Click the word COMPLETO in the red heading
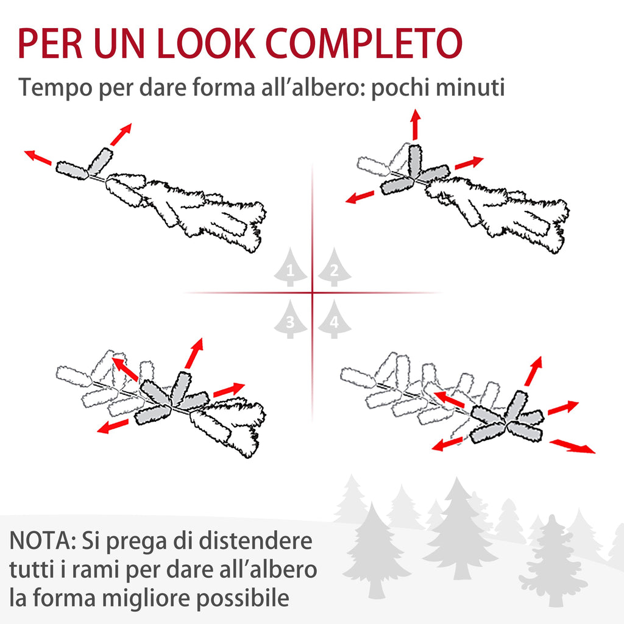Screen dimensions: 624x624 [364, 43]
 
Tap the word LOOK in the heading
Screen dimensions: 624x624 [206, 43]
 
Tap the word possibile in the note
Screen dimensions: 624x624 [243, 598]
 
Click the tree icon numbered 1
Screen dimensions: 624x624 [290, 267]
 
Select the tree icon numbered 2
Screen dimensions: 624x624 [335, 267]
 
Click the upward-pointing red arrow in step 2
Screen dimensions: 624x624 [416, 124]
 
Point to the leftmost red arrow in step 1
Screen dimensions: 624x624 [38, 157]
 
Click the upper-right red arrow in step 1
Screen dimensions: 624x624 [121, 135]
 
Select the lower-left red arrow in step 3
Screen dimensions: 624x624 [113, 426]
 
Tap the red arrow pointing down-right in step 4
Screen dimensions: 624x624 [572, 446]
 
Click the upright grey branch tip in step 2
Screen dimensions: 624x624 [414, 161]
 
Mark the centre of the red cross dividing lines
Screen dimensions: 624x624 [313, 293]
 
